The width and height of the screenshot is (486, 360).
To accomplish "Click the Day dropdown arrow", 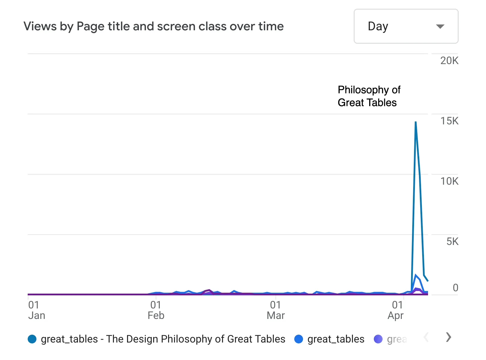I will coord(440,27).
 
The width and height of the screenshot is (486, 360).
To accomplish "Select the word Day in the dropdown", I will coord(378,27).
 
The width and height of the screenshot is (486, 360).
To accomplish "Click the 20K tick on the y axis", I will coord(449,61).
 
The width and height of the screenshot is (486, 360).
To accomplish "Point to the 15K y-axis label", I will coord(449,121).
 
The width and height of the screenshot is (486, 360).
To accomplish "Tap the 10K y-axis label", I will coord(449,181).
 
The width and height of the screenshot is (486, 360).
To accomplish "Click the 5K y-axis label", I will coord(452,241).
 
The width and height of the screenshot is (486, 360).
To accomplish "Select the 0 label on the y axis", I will coord(455,288).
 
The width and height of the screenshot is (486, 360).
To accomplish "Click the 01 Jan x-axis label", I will coord(36,310).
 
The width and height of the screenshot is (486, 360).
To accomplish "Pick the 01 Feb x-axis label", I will coord(156,310).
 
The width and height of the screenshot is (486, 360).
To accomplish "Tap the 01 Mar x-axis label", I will coord(275,310).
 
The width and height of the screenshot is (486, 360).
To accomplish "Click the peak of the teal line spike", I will coord(415,122).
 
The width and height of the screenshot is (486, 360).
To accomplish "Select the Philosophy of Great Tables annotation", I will coord(369,96).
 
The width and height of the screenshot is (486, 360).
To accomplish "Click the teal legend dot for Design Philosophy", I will coord(32,339).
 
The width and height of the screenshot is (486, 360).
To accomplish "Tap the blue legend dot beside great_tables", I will coord(299,339).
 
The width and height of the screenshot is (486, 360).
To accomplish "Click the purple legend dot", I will coord(378,339).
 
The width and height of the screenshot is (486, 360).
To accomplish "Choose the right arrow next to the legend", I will coord(448,337).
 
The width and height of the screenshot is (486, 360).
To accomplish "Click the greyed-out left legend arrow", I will coord(426,337).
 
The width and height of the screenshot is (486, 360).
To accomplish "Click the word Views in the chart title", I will coord(40,27).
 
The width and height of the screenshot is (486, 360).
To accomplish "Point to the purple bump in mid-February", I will coord(209,290).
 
